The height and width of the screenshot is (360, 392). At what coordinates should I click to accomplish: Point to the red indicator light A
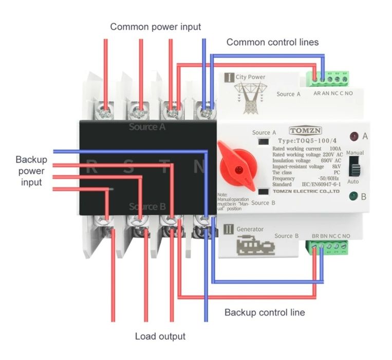click(354, 137)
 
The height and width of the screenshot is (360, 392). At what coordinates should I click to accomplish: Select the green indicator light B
click(353, 196)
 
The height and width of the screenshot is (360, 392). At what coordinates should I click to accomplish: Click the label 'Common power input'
click(156, 27)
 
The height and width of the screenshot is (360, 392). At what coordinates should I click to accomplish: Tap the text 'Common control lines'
click(272, 42)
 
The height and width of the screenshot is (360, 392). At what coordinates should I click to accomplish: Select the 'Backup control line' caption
click(265, 312)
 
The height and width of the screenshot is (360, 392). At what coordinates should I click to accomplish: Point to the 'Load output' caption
click(160, 337)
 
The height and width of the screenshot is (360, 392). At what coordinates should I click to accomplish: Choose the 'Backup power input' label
click(31, 171)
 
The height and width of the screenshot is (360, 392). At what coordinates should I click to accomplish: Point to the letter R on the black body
click(93, 166)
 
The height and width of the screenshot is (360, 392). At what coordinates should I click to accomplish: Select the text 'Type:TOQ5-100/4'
click(304, 140)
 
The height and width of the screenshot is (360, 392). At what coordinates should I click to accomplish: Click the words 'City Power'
click(251, 77)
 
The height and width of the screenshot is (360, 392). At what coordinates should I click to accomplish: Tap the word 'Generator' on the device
click(250, 229)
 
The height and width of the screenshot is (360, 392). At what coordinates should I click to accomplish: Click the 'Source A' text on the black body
click(147, 127)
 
